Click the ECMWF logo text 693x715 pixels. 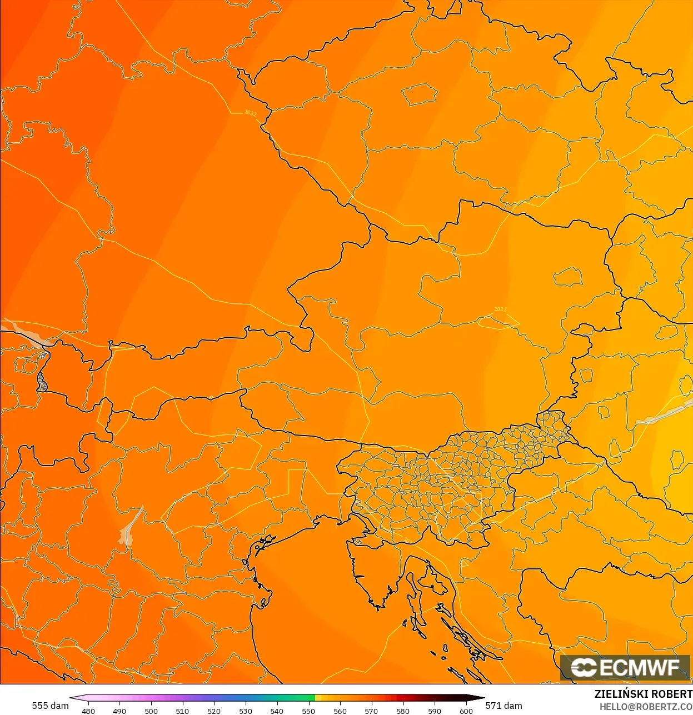click(639, 667)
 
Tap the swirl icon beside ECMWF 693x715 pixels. click(584, 667)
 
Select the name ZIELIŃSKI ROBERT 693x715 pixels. click(643, 694)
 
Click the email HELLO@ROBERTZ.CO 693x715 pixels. click(646, 707)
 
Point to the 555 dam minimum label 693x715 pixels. click(50, 706)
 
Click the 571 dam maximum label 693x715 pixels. click(503, 706)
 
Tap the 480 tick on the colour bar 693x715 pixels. click(88, 711)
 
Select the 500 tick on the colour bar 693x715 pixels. click(151, 711)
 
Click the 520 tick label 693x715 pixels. click(214, 711)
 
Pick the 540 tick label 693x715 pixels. click(277, 711)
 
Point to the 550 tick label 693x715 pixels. click(308, 711)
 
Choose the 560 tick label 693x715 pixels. click(340, 711)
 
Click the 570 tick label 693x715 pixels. click(371, 711)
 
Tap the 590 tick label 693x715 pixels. click(435, 711)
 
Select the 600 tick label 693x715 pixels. click(466, 711)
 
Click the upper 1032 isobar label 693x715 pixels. click(251, 113)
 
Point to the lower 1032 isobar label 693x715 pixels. click(500, 309)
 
